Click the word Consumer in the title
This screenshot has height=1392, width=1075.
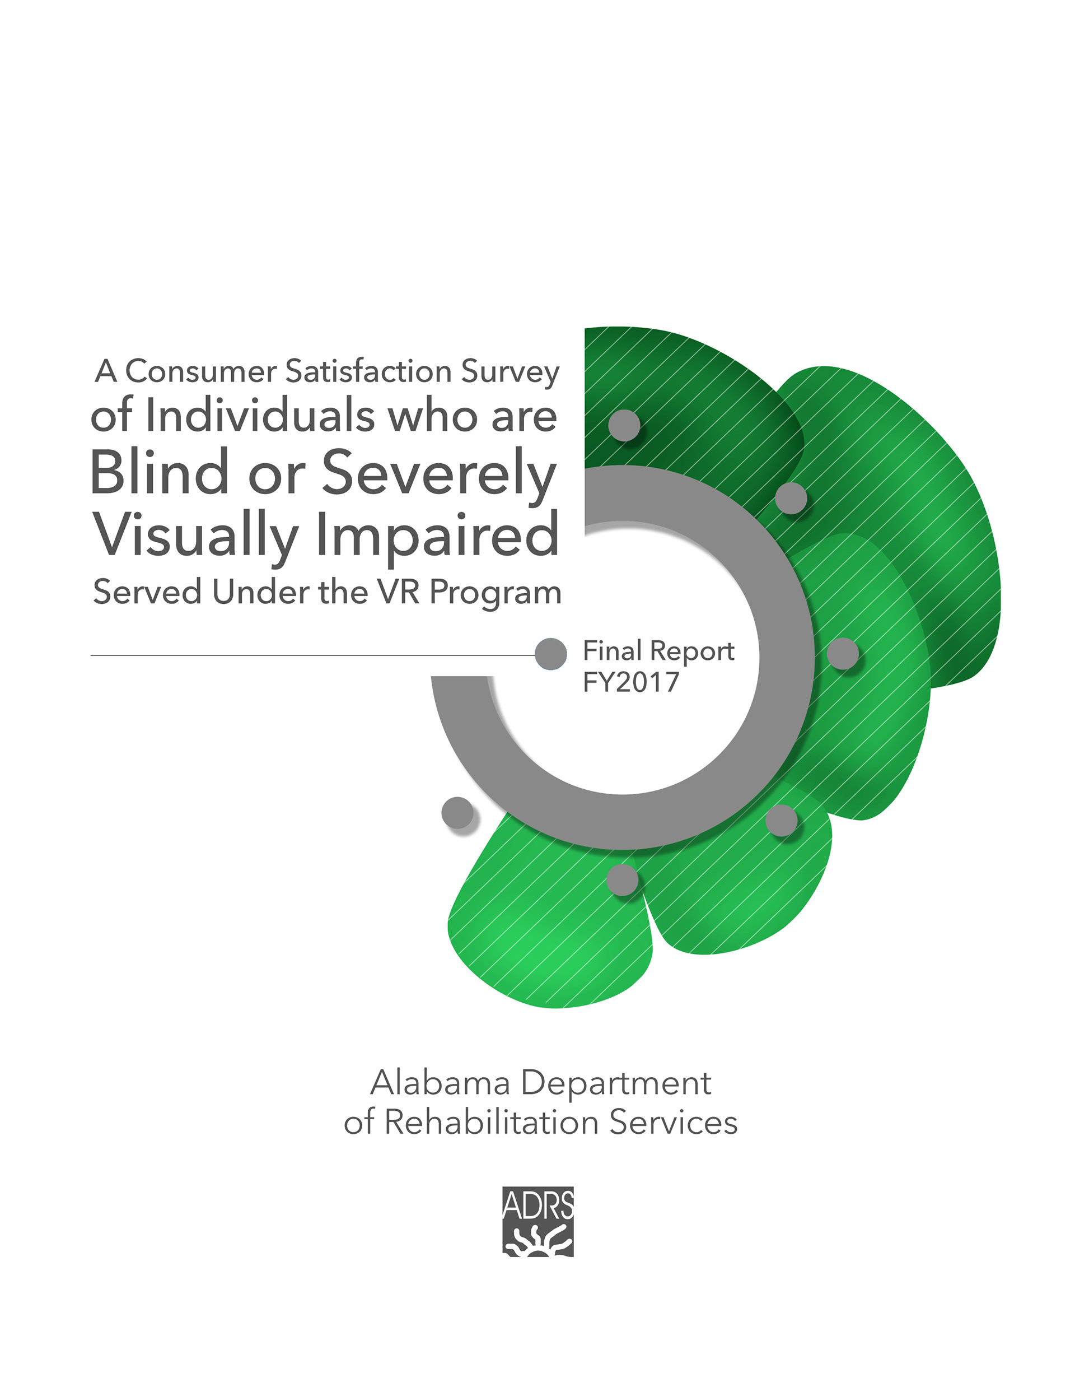click(201, 371)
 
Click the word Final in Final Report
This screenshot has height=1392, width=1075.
click(612, 651)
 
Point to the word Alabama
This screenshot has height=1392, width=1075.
click(440, 1083)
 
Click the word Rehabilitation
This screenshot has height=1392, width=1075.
click(491, 1123)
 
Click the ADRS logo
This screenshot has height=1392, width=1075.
click(538, 1221)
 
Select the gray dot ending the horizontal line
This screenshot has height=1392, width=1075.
click(550, 654)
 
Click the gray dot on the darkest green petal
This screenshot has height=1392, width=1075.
click(624, 425)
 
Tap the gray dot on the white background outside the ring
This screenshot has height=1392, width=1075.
click(457, 813)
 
